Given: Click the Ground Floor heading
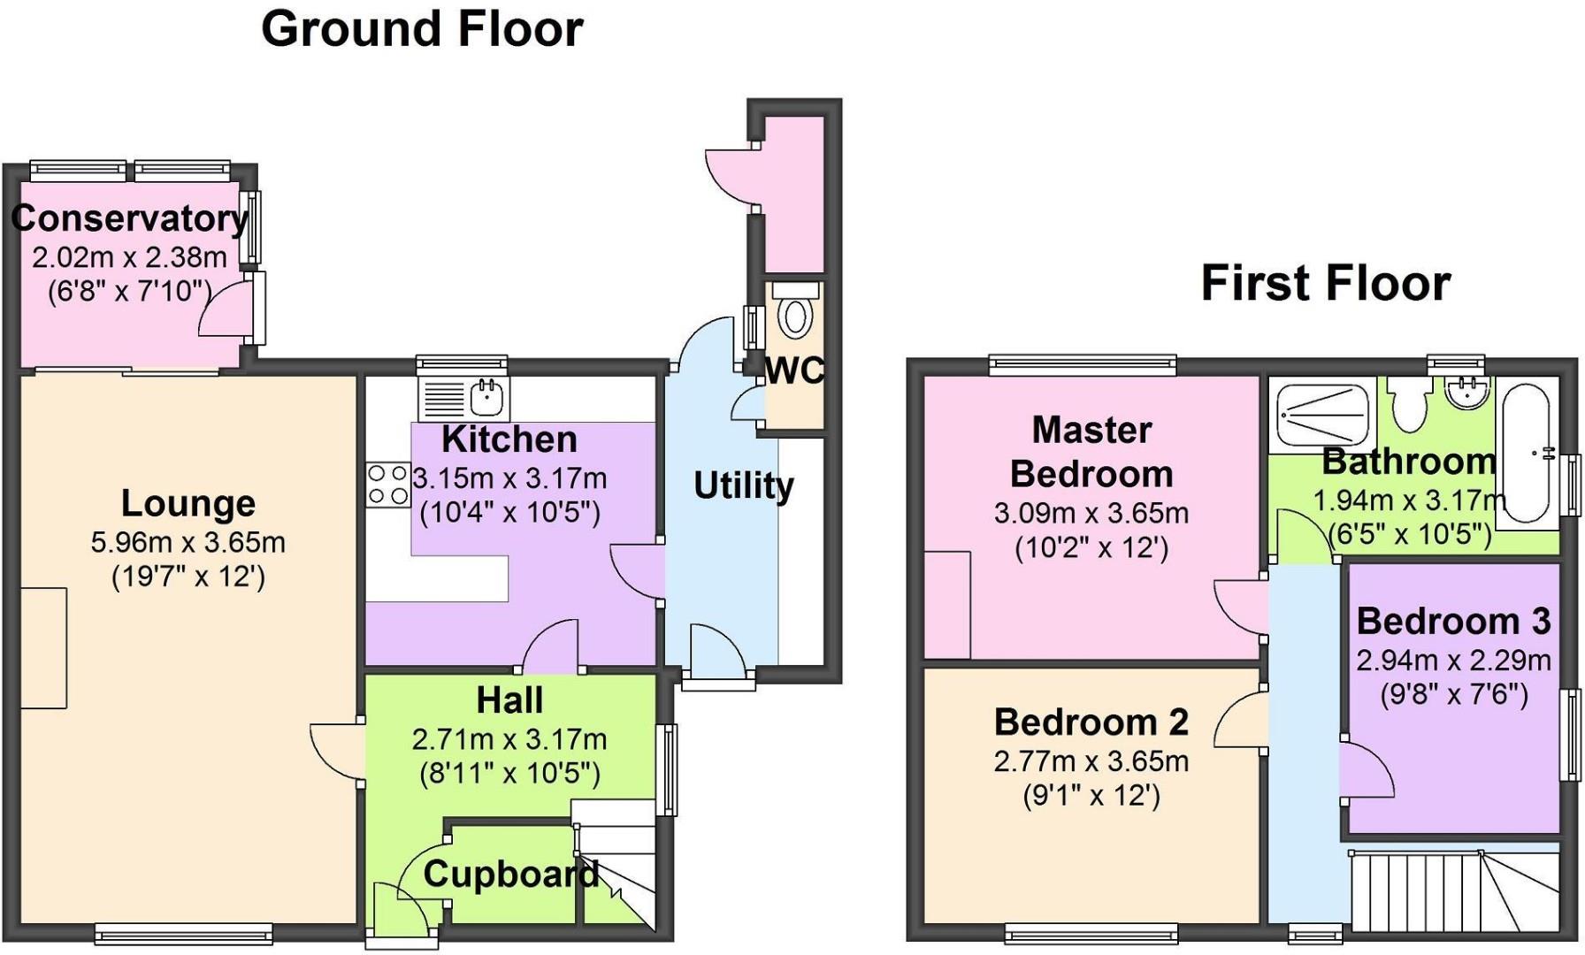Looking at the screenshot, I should point(422,29).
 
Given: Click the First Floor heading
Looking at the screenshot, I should point(1325,284).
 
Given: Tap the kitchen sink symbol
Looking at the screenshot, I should point(463,398).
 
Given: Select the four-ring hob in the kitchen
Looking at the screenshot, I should point(388,485).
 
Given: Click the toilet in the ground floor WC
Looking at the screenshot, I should point(796,313).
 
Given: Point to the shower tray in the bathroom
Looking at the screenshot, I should point(1322,414).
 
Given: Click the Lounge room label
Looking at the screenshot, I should point(188,503).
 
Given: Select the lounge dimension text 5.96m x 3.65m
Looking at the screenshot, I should point(188,542).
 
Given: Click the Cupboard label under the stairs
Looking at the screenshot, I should point(510,875).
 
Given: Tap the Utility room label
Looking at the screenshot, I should point(743,485).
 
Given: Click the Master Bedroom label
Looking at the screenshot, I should point(1091,452).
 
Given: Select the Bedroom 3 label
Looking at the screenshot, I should point(1453,621).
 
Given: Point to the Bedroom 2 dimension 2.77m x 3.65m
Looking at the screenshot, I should point(1091,761).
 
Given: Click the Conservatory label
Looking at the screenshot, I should point(129,218).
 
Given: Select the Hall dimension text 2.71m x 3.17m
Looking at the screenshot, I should point(509,739).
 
